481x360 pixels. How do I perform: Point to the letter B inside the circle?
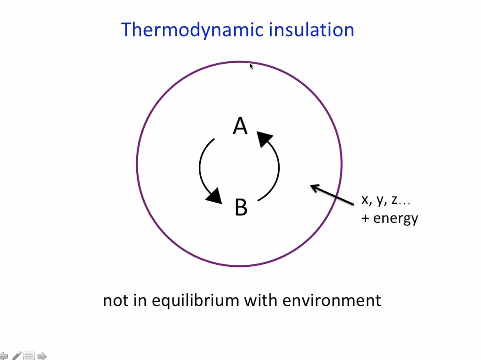pos(240,207)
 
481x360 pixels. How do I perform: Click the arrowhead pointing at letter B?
pos(215,196)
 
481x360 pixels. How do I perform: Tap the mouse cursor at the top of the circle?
pos(251,66)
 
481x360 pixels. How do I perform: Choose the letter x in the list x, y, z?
pos(365,200)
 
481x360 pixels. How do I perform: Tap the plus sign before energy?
pos(365,219)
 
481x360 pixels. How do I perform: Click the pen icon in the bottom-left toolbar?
pos(16,356)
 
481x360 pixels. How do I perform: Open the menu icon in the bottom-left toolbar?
pos(29,356)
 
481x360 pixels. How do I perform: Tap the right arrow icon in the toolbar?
pos(42,356)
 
